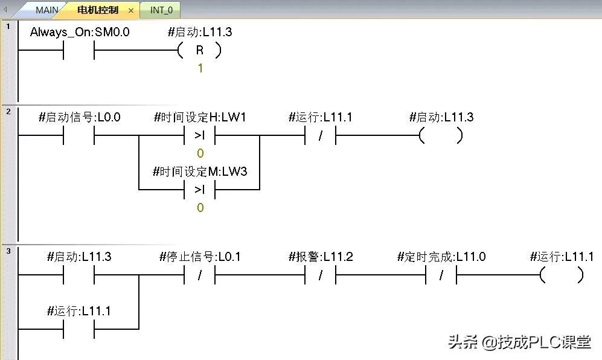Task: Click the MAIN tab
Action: point(47,10)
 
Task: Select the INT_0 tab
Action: point(161,10)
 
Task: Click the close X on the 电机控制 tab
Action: point(131,11)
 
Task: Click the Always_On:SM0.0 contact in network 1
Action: point(79,51)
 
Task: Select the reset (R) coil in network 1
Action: point(200,51)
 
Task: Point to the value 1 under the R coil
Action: point(200,69)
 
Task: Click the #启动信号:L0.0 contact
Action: point(79,136)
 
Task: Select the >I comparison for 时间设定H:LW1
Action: point(200,136)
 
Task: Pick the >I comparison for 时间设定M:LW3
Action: point(200,190)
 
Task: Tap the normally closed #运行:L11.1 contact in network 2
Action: point(321,136)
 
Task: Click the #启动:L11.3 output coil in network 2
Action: point(441,136)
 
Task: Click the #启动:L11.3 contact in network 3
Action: point(79,275)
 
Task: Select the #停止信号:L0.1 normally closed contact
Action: point(200,275)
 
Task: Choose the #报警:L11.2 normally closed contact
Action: point(321,275)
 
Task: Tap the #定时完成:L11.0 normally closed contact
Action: point(441,275)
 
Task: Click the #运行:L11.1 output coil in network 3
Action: point(562,275)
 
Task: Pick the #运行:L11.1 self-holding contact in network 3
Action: point(79,329)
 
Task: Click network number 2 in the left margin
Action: point(8,111)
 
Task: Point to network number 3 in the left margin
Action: point(8,251)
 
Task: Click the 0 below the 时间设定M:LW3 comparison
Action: point(200,208)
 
